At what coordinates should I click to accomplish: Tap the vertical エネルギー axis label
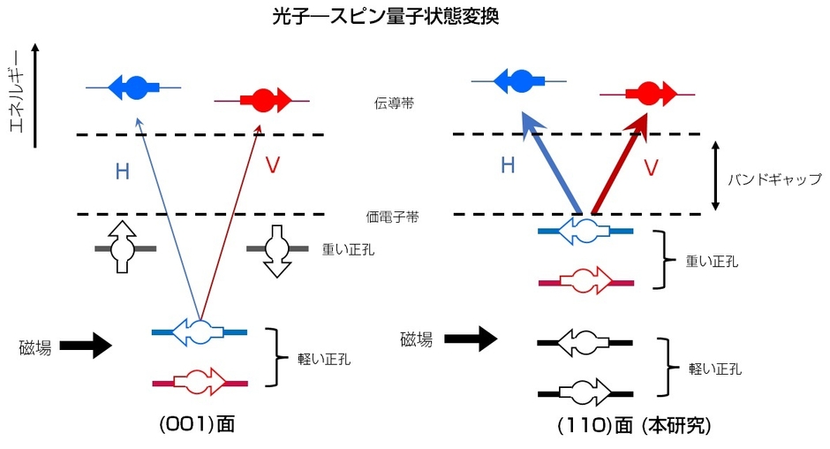pyautogui.click(x=16, y=96)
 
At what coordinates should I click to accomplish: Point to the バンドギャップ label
pyautogui.click(x=774, y=179)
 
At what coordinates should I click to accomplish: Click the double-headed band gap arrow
pyautogui.click(x=715, y=174)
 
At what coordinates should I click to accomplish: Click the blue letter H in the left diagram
pyautogui.click(x=122, y=171)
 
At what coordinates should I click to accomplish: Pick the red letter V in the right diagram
pyautogui.click(x=650, y=167)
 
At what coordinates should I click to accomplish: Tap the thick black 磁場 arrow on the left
pyautogui.click(x=87, y=346)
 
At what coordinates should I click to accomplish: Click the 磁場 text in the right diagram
pyautogui.click(x=417, y=339)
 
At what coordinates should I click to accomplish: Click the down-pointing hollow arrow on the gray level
pyautogui.click(x=278, y=250)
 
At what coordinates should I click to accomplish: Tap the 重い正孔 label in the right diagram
pyautogui.click(x=713, y=262)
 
